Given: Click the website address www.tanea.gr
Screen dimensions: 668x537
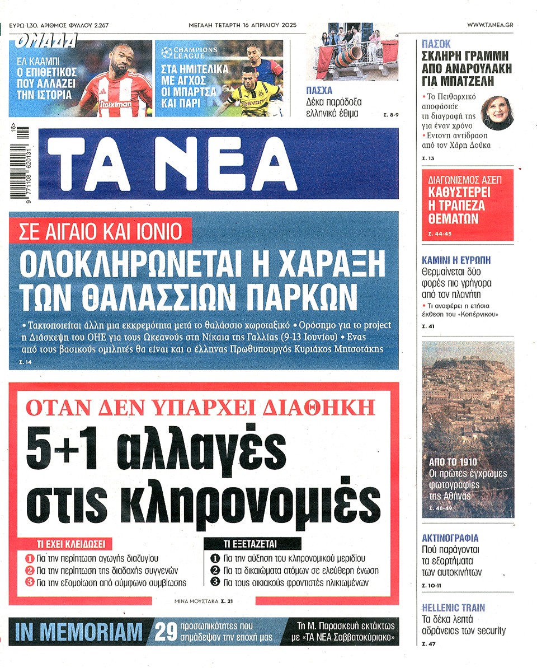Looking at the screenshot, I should coord(490,25).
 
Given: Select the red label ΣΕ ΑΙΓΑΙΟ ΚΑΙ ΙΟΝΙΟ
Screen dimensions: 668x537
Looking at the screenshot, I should coord(101,230).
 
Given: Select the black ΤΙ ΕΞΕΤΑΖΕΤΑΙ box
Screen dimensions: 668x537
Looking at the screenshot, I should coord(251,544).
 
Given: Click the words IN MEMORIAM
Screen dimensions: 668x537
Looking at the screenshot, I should coord(79,632).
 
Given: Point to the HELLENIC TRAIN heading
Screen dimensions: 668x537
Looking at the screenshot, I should coord(453,608).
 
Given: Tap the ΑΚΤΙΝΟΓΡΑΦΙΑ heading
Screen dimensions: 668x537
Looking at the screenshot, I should coord(450,539).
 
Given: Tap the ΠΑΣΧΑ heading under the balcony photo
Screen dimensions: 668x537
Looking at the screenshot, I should coord(319,91).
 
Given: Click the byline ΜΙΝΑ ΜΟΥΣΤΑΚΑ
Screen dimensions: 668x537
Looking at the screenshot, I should coord(196,601).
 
